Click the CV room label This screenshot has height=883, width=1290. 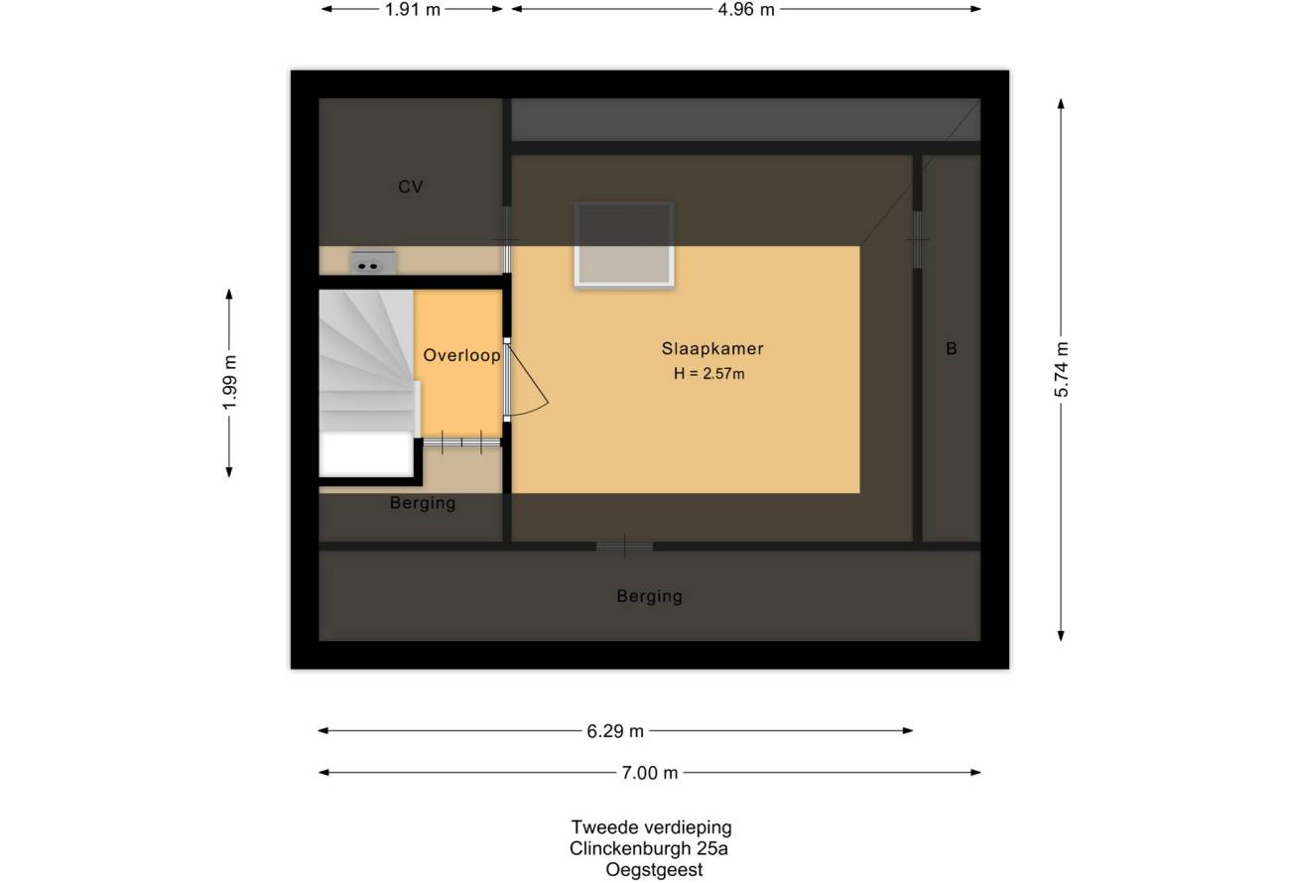(x=411, y=187)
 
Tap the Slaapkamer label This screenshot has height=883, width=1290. (x=712, y=348)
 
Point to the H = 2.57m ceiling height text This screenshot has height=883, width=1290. (x=709, y=374)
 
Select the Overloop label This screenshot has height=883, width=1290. (x=461, y=355)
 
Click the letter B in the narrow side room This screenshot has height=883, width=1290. (x=952, y=348)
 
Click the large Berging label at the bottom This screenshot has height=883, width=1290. (x=650, y=596)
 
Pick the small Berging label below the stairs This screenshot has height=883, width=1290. (x=423, y=503)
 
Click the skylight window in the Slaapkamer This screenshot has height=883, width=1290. (x=624, y=244)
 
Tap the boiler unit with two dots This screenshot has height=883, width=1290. (x=373, y=263)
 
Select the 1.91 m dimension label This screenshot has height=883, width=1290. (x=413, y=10)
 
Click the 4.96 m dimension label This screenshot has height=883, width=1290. (x=746, y=10)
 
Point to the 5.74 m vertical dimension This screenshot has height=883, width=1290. (x=1062, y=369)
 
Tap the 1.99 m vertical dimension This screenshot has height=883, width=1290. (x=230, y=383)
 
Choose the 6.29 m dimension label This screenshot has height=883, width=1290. (x=615, y=731)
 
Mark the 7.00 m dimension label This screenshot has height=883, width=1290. (x=650, y=773)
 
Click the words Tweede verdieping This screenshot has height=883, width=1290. (x=651, y=827)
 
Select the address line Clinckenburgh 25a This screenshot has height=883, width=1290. (x=648, y=848)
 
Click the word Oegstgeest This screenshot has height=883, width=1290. (x=654, y=870)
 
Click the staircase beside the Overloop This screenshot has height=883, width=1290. (x=367, y=383)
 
